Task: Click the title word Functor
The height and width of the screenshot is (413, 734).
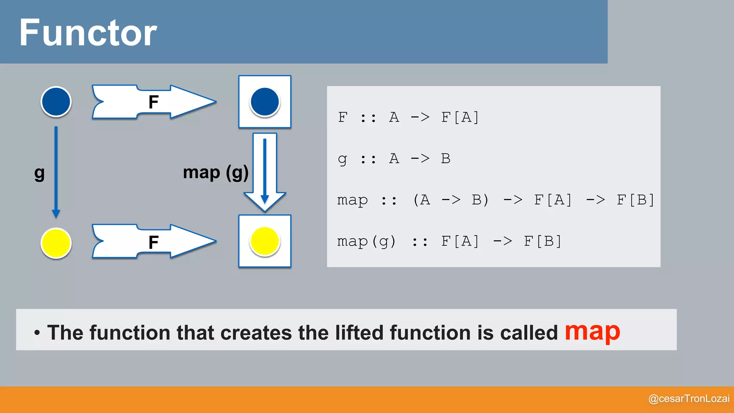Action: click(x=88, y=33)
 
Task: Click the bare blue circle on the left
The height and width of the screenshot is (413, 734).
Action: click(x=56, y=101)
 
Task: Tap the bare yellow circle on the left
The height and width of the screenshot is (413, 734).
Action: click(x=56, y=243)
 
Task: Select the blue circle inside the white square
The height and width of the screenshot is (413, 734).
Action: click(x=264, y=102)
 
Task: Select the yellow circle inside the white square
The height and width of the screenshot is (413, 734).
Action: click(x=264, y=241)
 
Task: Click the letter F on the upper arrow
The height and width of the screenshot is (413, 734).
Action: click(x=153, y=102)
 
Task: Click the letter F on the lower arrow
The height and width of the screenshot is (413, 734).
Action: click(x=153, y=243)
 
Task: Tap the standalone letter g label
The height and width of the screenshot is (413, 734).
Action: click(x=39, y=174)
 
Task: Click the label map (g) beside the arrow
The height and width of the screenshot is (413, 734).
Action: click(x=215, y=173)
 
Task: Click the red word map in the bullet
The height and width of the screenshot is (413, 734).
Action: click(x=592, y=332)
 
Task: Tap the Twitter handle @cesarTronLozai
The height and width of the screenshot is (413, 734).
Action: click(x=688, y=399)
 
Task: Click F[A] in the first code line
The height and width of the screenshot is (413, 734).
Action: click(x=460, y=117)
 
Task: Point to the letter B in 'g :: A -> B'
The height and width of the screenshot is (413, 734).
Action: click(x=445, y=158)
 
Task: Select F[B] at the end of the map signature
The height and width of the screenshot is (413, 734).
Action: click(x=635, y=200)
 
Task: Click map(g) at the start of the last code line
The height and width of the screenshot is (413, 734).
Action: click(x=366, y=241)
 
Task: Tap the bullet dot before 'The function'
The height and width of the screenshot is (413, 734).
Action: click(x=37, y=333)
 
